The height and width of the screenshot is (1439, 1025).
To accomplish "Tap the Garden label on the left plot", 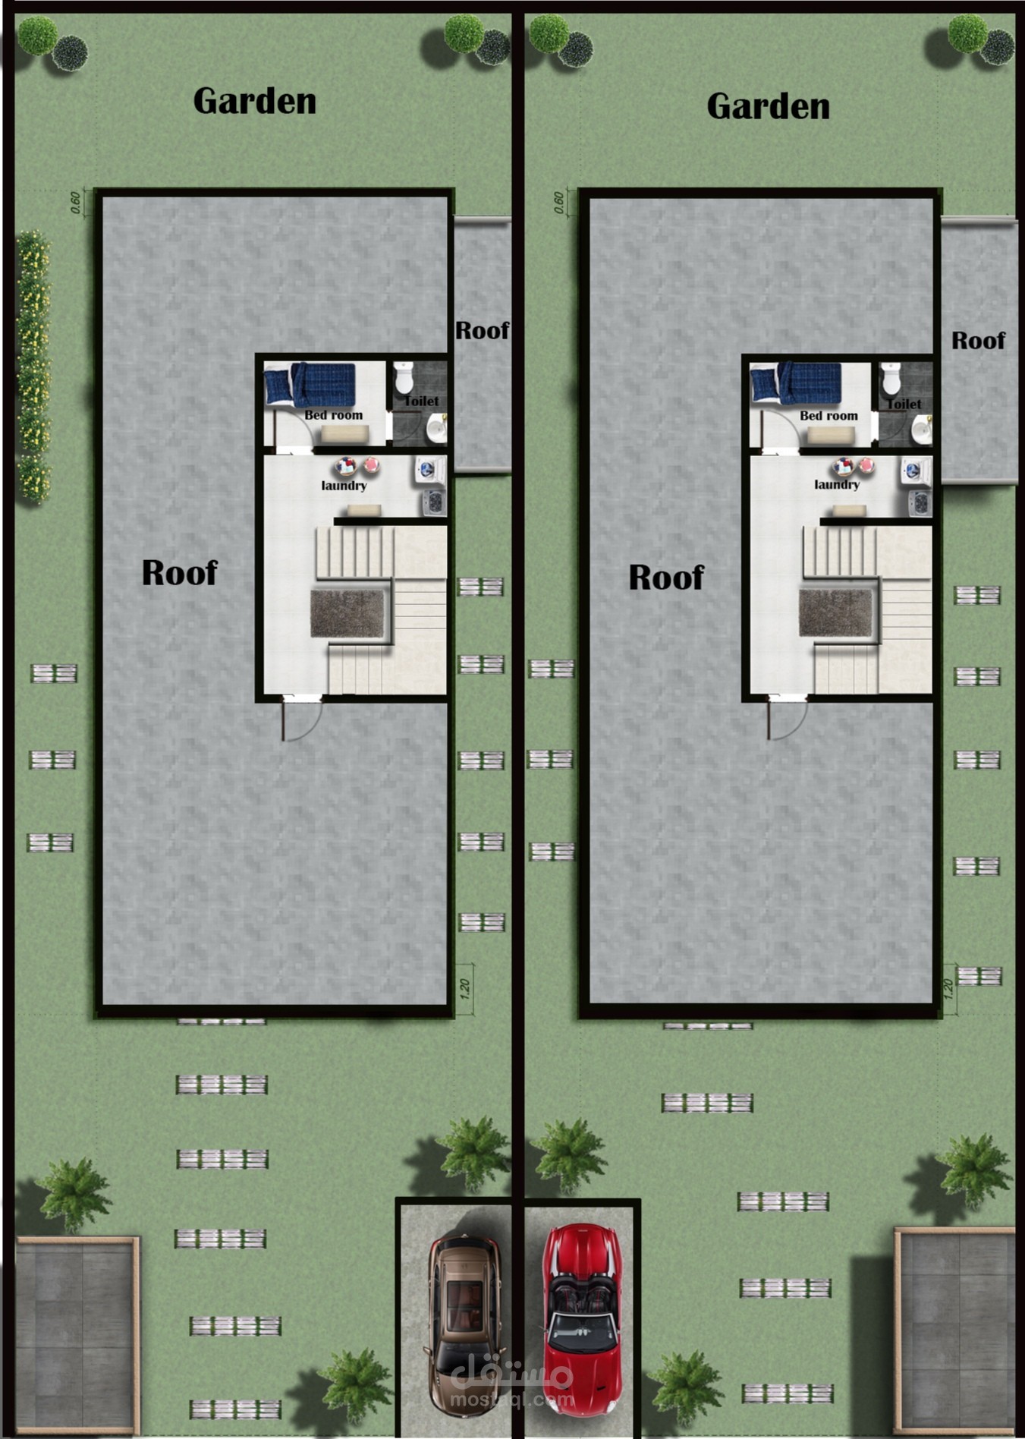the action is point(255,101).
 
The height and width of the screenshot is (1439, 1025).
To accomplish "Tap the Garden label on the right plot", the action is point(768,106).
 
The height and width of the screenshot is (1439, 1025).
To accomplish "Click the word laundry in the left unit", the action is point(344,486).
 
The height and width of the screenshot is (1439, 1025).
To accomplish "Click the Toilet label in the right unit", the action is point(904,405).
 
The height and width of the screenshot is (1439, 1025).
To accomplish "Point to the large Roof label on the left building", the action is point(180,572).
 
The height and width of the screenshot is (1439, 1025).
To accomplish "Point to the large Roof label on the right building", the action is point(666,578).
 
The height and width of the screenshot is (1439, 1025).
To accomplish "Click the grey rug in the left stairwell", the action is point(348,613).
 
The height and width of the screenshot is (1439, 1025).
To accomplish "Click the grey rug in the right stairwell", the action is point(836,612).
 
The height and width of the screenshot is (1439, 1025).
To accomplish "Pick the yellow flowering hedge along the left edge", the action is point(33,367).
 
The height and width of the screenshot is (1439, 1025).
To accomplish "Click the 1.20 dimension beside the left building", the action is point(465,987).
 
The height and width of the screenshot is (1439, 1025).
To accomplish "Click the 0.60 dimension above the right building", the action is point(559,203).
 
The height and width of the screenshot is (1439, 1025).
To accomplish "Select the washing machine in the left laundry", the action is point(429,470).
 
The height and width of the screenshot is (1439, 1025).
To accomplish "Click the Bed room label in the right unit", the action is point(828,416).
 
